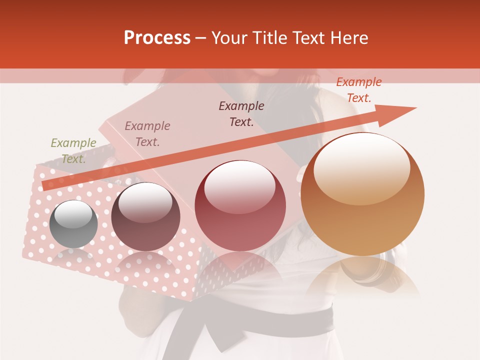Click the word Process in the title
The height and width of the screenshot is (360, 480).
[157, 38]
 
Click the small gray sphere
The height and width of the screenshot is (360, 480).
[73, 224]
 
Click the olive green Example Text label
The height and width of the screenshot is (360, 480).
[73, 150]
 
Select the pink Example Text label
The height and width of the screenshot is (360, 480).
[147, 133]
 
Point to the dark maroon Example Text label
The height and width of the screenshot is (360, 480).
[241, 113]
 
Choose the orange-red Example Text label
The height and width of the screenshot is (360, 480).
[358, 89]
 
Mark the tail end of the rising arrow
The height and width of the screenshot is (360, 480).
[46, 186]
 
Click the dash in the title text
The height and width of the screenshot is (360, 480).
[201, 38]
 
